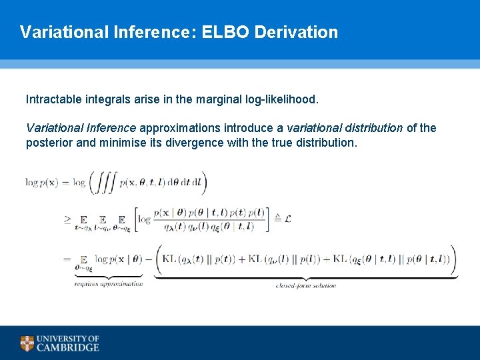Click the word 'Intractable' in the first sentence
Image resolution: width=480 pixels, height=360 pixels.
[54, 100]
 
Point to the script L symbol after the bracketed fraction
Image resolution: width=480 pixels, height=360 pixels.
[287, 217]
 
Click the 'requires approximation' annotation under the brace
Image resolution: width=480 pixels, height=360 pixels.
[109, 284]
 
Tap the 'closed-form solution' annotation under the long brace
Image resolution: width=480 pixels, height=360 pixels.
[306, 285]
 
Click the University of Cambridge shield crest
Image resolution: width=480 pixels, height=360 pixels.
[27, 343]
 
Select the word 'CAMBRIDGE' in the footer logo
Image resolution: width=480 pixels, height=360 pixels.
[68, 347]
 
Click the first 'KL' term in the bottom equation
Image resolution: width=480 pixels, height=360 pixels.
[171, 259]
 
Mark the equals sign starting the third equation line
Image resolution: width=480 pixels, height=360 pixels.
[67, 259]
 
